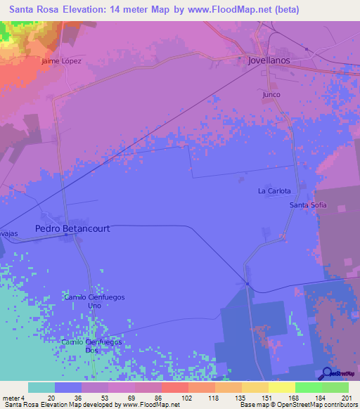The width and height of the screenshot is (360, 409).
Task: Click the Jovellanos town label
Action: tap(269, 61)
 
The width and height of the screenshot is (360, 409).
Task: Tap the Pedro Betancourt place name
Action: tap(72, 228)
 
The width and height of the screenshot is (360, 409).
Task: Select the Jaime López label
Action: tap(62, 61)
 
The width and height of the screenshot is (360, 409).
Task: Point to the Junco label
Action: tap(271, 94)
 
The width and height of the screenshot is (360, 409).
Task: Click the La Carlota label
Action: tap(274, 190)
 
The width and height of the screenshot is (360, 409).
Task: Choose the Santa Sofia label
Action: tap(309, 205)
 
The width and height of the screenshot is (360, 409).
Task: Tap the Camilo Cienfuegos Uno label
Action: tap(94, 301)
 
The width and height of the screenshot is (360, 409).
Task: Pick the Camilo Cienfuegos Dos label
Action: tap(91, 346)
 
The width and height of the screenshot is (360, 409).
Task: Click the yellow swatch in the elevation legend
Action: tap(282, 387)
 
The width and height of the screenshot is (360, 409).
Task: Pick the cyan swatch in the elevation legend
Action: tap(41, 387)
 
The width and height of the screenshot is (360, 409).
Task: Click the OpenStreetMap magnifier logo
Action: tap(328, 372)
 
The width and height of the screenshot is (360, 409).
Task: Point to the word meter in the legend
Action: tap(10, 397)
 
